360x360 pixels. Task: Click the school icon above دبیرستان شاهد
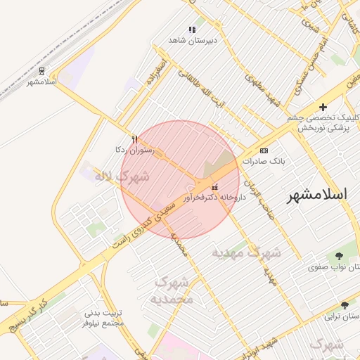[192, 30]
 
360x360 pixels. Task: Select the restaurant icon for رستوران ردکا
[134, 139]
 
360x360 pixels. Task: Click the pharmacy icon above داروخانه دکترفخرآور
[214, 187]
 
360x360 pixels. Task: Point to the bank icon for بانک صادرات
[264, 150]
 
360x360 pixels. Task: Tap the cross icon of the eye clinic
[323, 107]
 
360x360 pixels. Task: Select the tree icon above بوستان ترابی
[345, 305]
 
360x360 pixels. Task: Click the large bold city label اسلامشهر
[319, 196]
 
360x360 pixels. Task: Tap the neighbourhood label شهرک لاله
[121, 176]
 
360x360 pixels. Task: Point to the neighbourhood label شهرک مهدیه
[246, 252]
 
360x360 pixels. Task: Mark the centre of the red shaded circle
[180, 180]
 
